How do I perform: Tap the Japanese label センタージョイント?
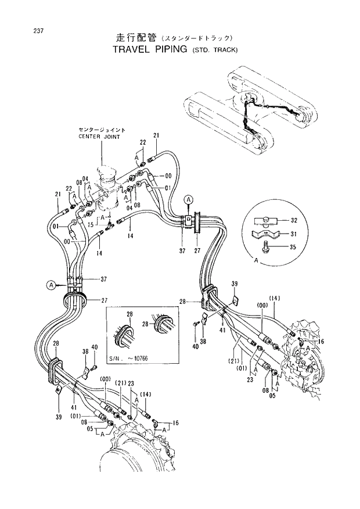click(x=102, y=129)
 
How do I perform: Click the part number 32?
click(x=293, y=221)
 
